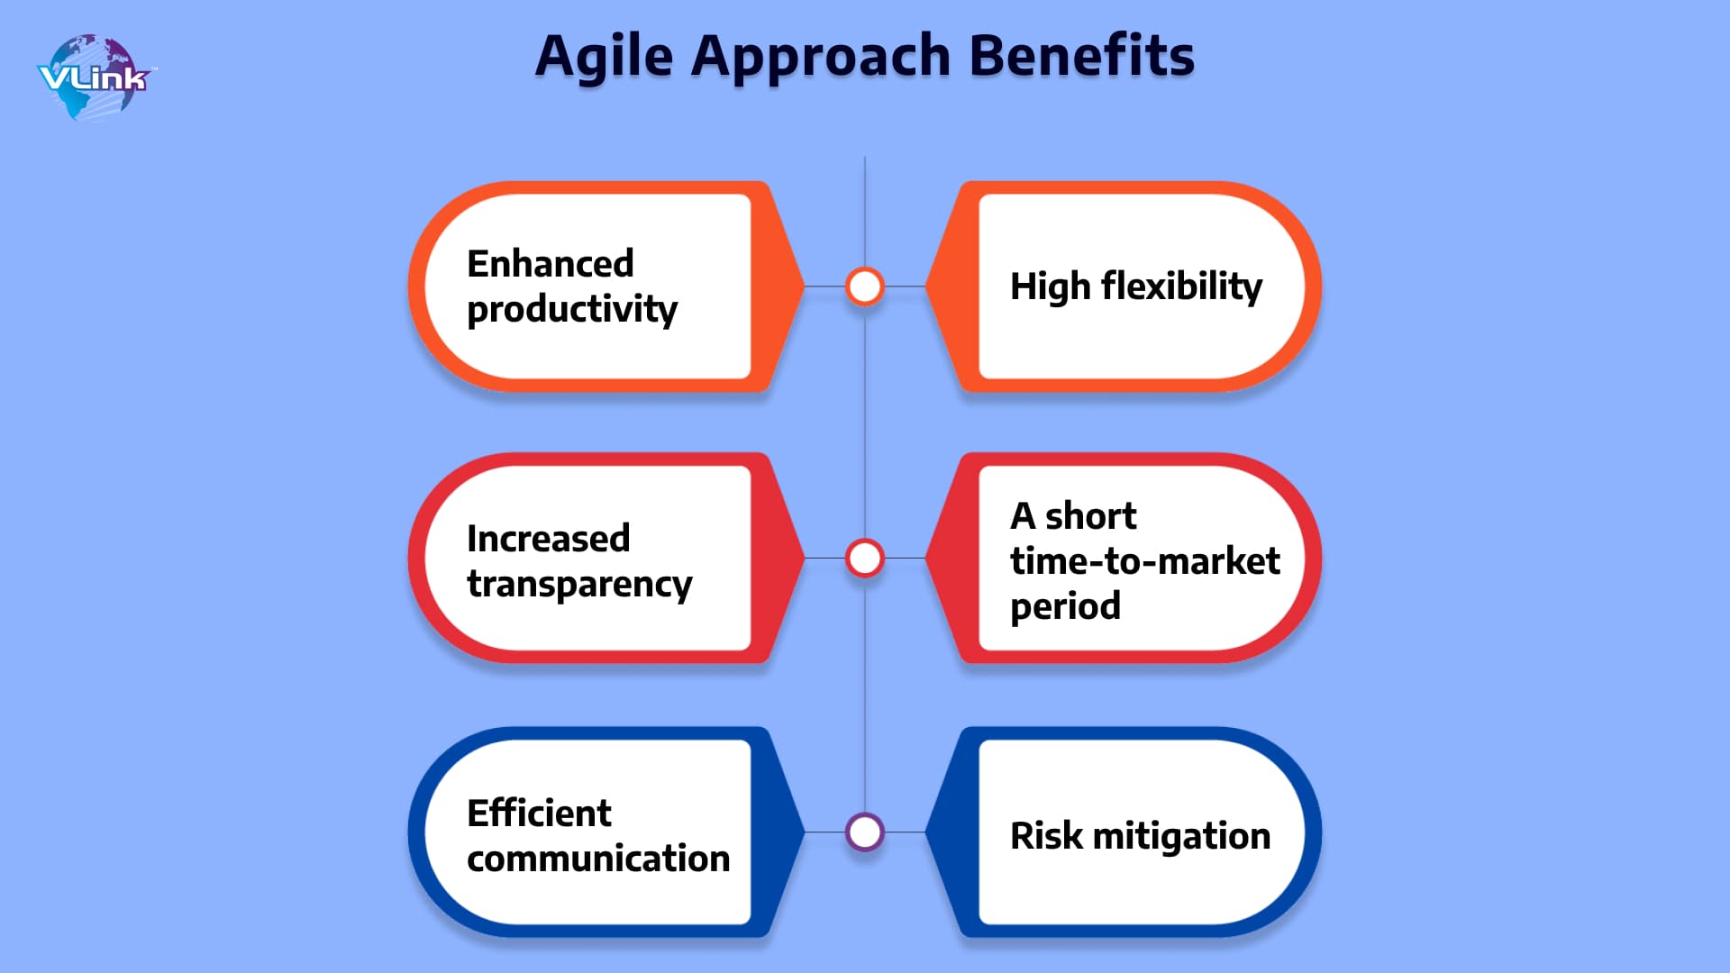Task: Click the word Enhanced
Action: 551,264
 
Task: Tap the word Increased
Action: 548,539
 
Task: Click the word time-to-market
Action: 1144,561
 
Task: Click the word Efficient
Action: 539,814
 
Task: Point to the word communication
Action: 598,859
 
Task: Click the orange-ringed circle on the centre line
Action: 865,286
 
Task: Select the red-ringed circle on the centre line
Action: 865,559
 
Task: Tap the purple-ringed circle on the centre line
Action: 865,832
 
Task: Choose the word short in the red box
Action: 1090,516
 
